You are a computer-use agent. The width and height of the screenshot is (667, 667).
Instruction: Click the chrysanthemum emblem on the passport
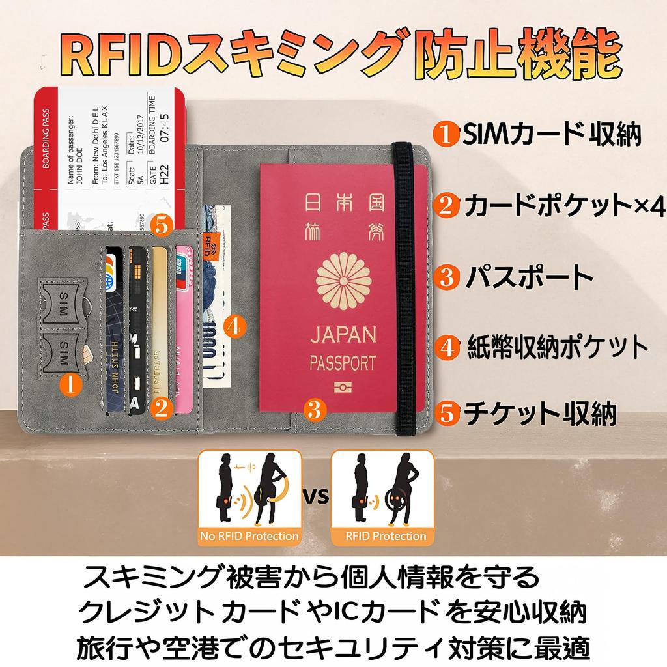pyautogui.click(x=343, y=279)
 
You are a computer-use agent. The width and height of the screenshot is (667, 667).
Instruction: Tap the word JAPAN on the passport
pyautogui.click(x=343, y=335)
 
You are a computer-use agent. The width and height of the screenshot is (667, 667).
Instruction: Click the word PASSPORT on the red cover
pyautogui.click(x=343, y=362)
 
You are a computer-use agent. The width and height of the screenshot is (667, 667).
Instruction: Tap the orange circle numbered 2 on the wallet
pyautogui.click(x=161, y=408)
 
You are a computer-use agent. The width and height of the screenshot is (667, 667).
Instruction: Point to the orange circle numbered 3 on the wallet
pyautogui.click(x=314, y=410)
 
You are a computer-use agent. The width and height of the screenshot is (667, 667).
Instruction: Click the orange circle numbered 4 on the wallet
pyautogui.click(x=235, y=324)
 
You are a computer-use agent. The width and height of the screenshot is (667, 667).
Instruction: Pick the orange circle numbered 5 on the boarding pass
pyautogui.click(x=161, y=226)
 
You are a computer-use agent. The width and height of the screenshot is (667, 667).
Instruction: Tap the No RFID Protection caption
pyautogui.click(x=250, y=537)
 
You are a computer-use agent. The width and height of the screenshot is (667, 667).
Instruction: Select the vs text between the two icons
pyautogui.click(x=317, y=496)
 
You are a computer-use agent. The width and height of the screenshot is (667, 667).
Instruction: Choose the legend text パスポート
pyautogui.click(x=528, y=276)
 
